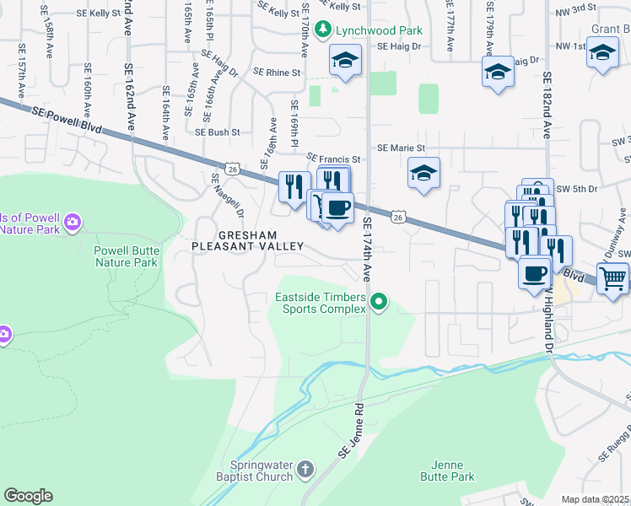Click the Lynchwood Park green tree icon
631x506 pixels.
(x=321, y=30)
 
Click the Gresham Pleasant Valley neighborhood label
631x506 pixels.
(x=246, y=240)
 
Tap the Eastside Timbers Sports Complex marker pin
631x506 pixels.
(x=380, y=301)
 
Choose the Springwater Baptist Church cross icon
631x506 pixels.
(x=305, y=467)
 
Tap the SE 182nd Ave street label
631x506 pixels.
(x=547, y=105)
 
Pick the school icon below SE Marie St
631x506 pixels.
(x=423, y=174)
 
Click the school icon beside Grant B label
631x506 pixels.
(x=602, y=54)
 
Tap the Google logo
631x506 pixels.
(x=28, y=496)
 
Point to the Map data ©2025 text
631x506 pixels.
(x=596, y=499)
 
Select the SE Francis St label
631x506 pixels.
(x=333, y=159)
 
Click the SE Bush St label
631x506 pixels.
(x=218, y=132)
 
